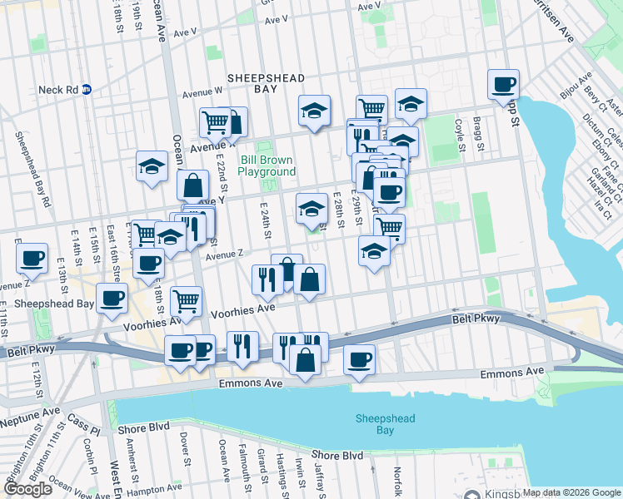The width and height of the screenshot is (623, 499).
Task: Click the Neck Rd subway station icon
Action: pyautogui.click(x=86, y=89)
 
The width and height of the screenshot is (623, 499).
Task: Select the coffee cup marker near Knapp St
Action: pyautogui.click(x=503, y=85)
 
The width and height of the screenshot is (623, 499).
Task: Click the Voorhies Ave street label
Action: pyautogui.click(x=242, y=309)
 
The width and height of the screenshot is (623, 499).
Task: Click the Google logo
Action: pyautogui.click(x=27, y=489)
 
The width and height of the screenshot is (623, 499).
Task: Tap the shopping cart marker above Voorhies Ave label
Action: pyautogui.click(x=186, y=300)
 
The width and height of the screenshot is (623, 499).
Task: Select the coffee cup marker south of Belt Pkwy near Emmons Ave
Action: pyautogui.click(x=359, y=359)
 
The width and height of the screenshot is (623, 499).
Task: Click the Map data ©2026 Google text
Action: pyautogui.click(x=572, y=493)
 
